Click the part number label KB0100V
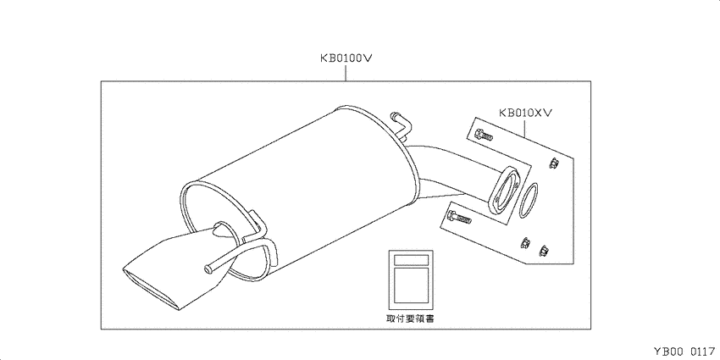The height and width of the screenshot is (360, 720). (346, 58)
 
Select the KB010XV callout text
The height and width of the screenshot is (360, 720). (526, 113)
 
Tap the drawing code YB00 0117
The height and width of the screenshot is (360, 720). (684, 352)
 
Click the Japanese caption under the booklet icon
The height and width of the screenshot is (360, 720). (410, 318)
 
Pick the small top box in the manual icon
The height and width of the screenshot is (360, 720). (411, 260)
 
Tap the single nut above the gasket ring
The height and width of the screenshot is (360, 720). (553, 162)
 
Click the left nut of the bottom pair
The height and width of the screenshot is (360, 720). (524, 243)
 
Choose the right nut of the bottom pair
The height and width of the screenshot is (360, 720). (545, 251)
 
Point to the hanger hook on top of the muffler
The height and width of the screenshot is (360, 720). (400, 125)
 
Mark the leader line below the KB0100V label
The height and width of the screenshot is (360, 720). (346, 74)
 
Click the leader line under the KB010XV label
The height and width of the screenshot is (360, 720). (526, 128)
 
